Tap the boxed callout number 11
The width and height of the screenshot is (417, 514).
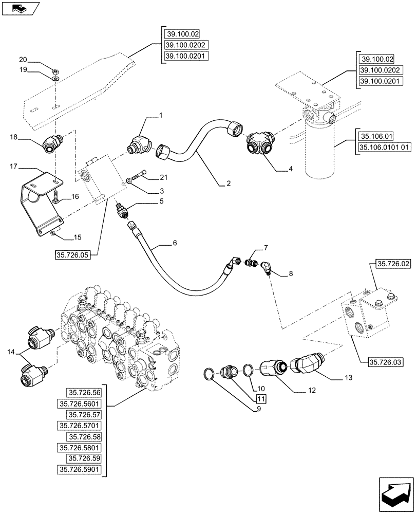coord(260,398)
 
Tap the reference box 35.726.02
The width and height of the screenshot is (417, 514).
coord(394,264)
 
